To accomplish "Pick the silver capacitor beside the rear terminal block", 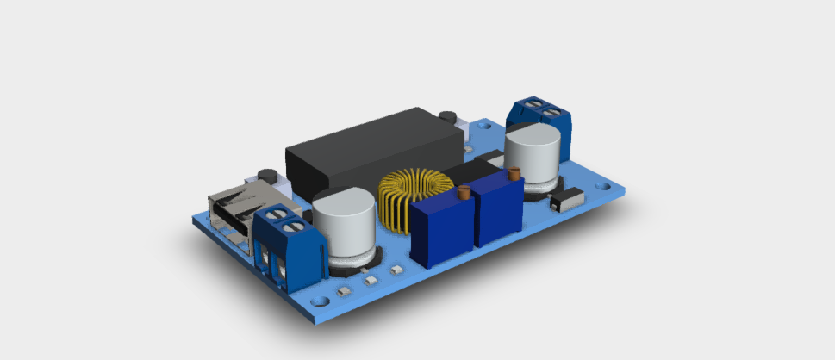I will click(x=533, y=155).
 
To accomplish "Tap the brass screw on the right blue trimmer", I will click(x=515, y=175).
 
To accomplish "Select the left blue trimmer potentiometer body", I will click(x=442, y=231).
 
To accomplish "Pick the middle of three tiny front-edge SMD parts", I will click(x=370, y=280).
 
